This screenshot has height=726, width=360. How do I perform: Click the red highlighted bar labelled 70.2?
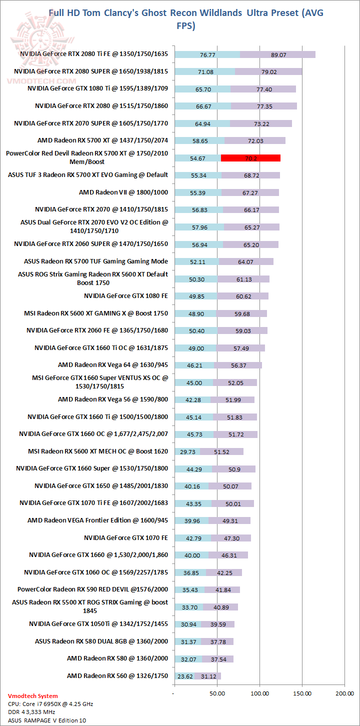point(250,158)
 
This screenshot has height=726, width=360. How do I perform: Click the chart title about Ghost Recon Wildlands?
point(186,19)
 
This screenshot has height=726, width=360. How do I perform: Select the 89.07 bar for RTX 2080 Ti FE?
point(278,54)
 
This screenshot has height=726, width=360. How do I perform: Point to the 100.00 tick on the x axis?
point(259,693)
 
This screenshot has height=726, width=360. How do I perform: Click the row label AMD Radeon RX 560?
point(117,676)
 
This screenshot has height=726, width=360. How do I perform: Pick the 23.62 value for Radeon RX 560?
point(185,676)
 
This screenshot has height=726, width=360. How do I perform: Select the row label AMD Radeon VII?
point(123,192)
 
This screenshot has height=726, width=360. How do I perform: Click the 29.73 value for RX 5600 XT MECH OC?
point(188,451)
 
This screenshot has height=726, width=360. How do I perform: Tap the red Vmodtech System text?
point(33,696)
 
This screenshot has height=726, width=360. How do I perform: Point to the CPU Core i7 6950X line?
point(50,704)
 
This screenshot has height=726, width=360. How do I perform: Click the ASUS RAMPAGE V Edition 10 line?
point(47,720)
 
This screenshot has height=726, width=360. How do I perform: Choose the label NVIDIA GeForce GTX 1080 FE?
point(126,295)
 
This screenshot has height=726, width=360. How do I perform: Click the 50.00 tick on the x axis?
point(216,693)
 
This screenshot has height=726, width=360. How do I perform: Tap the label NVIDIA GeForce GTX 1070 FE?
point(126,537)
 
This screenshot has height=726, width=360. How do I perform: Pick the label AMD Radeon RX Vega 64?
point(113,365)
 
